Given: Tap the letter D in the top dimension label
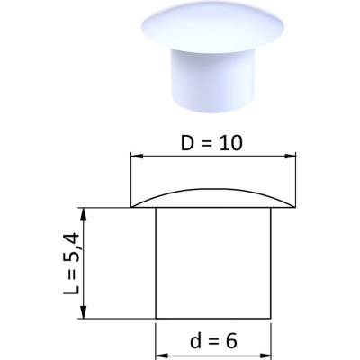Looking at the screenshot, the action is tap(187, 143).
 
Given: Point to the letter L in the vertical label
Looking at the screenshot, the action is tap(71, 289).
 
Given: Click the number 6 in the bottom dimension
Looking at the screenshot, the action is tap(231, 341).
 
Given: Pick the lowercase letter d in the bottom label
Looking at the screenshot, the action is tap(195, 340).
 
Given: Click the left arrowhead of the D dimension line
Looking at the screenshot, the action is tap(137, 156).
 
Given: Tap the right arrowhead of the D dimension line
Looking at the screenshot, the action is tap(290, 156).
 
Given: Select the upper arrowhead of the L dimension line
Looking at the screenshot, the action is tap(84, 213).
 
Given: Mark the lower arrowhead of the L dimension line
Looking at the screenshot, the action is tap(84, 312).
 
